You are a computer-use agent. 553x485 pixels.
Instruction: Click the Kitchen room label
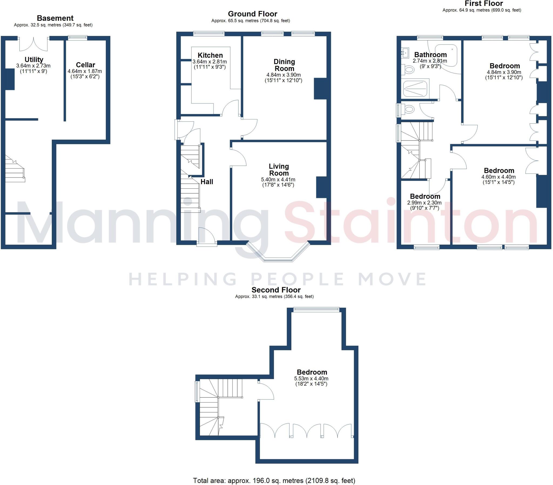[x=210, y=55]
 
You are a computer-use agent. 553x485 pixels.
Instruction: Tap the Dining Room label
[x=284, y=65]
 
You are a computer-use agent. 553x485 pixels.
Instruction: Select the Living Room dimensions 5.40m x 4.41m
[x=278, y=179]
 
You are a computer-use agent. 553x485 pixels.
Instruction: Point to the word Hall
[x=207, y=182]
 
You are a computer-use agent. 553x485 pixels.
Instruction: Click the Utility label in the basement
[x=34, y=59]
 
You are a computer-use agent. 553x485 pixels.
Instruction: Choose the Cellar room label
[x=85, y=65]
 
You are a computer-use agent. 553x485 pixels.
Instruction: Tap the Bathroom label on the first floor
[x=430, y=55]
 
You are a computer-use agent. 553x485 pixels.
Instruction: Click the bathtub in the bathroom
[x=446, y=55]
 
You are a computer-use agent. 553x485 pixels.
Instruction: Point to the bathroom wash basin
[x=405, y=53]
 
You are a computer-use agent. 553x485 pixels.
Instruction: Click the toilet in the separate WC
[x=409, y=110]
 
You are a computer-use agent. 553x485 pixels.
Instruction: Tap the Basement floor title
[x=55, y=18]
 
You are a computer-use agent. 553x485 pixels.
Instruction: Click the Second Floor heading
[x=276, y=290]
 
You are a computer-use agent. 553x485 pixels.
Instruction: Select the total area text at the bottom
[x=274, y=480]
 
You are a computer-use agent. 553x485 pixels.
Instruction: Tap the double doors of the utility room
[x=33, y=45]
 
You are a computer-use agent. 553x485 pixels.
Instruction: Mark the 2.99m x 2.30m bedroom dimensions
[x=424, y=202]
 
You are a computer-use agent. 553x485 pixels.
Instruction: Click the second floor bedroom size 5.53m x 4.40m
[x=311, y=378]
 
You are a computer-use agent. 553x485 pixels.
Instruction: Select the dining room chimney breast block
[x=320, y=89]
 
